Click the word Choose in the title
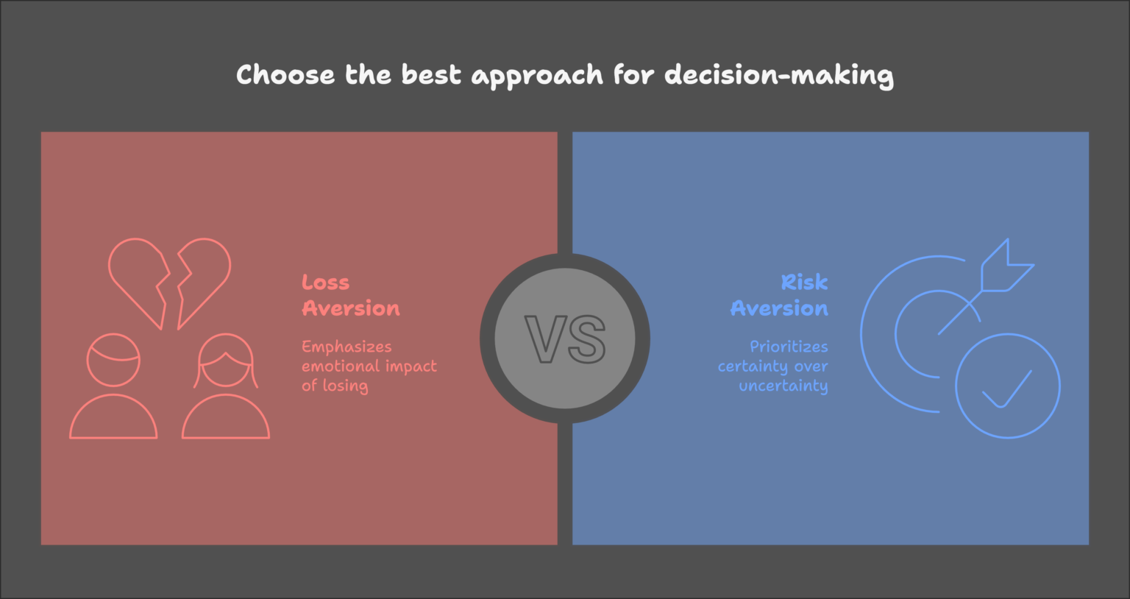point(285,75)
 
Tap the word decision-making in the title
point(779,76)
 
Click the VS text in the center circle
point(565,339)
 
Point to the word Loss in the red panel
point(325,283)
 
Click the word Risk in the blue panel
point(804,283)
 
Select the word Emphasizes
point(347,347)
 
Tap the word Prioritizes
point(789,347)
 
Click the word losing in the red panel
point(345,386)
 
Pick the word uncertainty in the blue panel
point(783,386)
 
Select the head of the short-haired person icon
point(113,360)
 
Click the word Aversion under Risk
point(779,308)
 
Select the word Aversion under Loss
point(351,308)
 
